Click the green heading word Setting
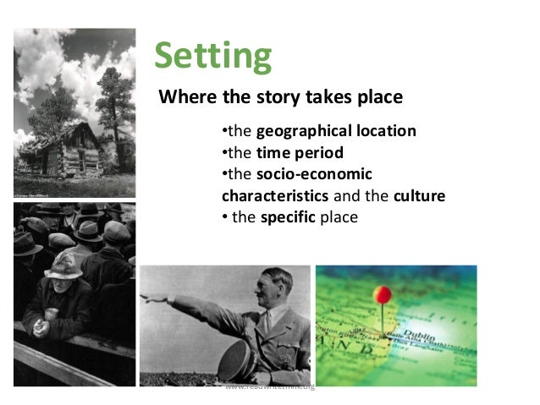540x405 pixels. pos(212,56)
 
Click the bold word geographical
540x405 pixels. pos(296,132)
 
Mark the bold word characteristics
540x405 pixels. pos(274,196)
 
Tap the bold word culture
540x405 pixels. pos(419,196)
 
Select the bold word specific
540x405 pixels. pos(287,217)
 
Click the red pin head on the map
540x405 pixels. pos(383,294)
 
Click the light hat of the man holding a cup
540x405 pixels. pos(63,268)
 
